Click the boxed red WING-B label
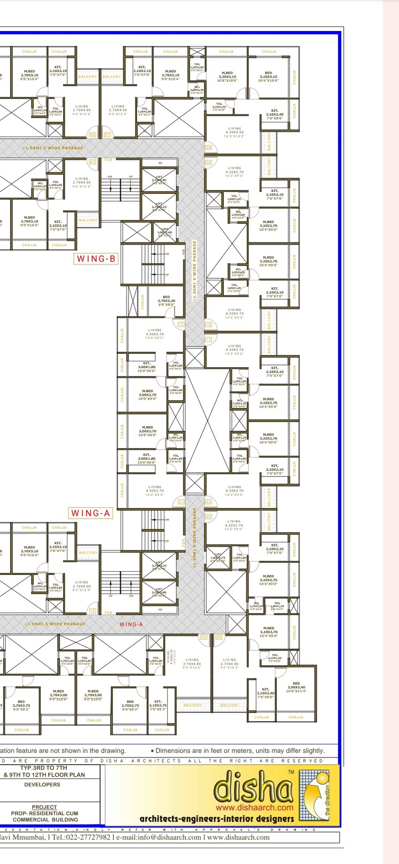96,259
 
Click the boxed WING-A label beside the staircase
91,513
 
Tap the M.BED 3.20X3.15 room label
227,75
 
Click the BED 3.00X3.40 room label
296,687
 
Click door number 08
208,147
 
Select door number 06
93,135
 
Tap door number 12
181,324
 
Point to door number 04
219,637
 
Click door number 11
208,339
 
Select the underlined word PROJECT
44,807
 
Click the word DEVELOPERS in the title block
42,784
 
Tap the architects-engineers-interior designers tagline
216,818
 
